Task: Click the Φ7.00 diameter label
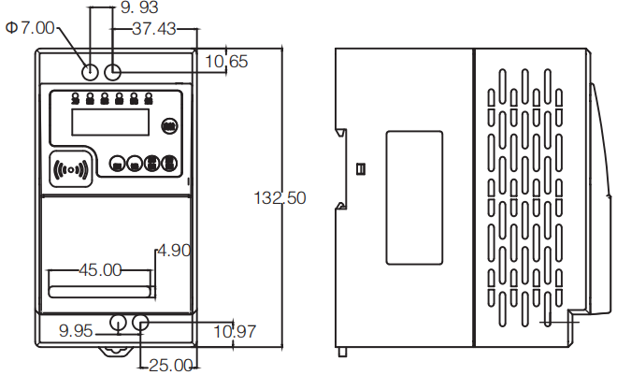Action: [x=30, y=28]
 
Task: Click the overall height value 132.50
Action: [x=280, y=197]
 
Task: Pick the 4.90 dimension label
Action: [x=175, y=250]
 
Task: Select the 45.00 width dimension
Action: [x=100, y=270]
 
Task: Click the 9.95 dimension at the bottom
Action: [x=77, y=330]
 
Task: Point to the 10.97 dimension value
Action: [x=235, y=330]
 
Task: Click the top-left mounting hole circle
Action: [x=91, y=71]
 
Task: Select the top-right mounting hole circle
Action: [x=114, y=71]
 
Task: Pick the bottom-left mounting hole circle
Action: [x=119, y=324]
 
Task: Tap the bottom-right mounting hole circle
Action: [x=141, y=324]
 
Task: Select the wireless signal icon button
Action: [x=72, y=169]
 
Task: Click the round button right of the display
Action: [x=169, y=123]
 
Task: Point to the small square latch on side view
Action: [x=361, y=169]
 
